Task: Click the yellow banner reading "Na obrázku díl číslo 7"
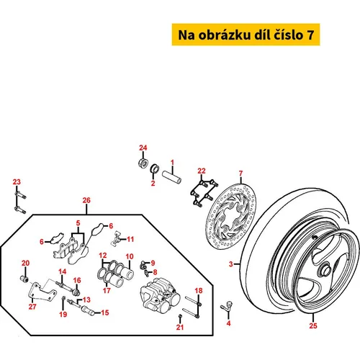coord(246,35)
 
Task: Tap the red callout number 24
coord(143,148)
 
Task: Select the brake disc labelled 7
coord(230,215)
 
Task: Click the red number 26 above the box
coord(86,200)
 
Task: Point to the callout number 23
coord(17,182)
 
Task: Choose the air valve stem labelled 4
coord(227,307)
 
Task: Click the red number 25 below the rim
coord(313,325)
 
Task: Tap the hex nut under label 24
coord(143,163)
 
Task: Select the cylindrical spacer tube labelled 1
coord(171,177)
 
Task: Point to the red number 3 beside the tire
coord(231,264)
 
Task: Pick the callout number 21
coord(180,327)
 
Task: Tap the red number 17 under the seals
coord(107,291)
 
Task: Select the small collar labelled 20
coord(24,279)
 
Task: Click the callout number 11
coord(130,239)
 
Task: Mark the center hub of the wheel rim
coord(325,271)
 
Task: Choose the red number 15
coord(105,312)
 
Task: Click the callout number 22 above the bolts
coord(202,171)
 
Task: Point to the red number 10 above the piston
coord(130,256)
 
